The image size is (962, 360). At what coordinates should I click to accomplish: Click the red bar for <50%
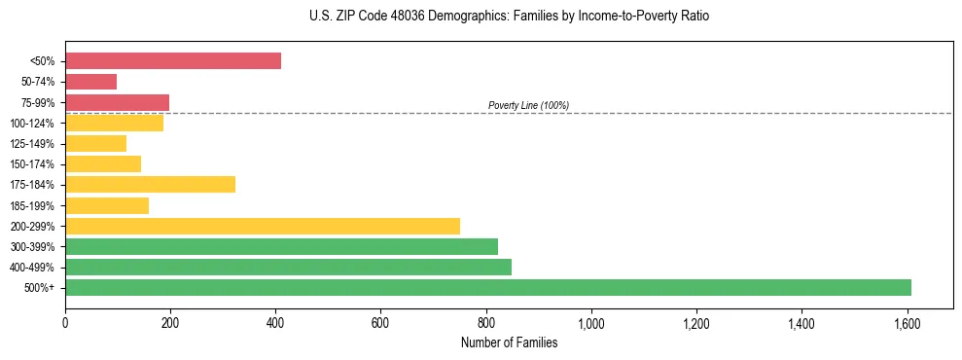[173, 61]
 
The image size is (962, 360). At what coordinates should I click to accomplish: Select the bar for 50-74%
[90, 82]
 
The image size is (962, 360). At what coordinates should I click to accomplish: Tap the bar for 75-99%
[117, 102]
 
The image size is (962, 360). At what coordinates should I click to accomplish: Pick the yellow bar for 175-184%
[150, 185]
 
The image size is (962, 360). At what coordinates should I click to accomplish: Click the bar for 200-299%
[263, 226]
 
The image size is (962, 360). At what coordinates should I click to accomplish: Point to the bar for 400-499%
[288, 268]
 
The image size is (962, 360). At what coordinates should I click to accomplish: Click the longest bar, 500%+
[488, 288]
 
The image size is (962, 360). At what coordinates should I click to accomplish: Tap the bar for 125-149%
[95, 144]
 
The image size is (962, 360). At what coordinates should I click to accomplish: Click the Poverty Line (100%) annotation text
[528, 106]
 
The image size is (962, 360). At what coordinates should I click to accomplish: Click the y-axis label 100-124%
[33, 124]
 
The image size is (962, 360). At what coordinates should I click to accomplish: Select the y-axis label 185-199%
[33, 206]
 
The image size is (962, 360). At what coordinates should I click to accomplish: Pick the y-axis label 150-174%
[33, 164]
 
